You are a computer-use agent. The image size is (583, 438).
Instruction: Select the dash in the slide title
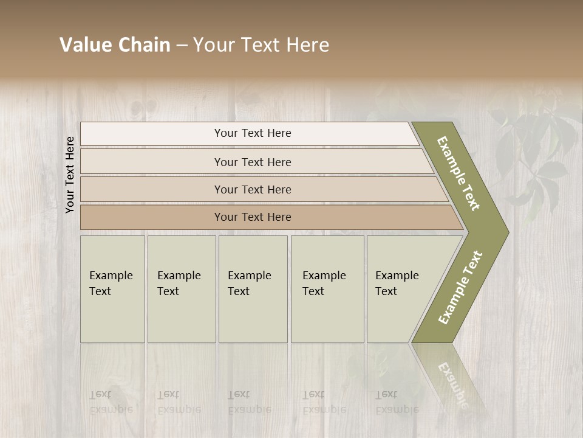(182, 46)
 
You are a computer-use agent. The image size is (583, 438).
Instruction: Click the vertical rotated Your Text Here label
(70, 175)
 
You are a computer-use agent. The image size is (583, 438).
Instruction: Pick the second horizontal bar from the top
(253, 162)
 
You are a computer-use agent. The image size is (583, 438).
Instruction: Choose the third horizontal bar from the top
(253, 189)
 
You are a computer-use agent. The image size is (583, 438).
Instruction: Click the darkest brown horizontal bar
(253, 217)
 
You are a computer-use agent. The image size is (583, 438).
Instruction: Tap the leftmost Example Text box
(112, 289)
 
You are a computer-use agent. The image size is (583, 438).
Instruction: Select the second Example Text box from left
(182, 289)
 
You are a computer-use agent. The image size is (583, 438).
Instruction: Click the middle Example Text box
(253, 289)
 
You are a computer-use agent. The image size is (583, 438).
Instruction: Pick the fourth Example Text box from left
(327, 289)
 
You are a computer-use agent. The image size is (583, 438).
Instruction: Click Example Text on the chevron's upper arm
(459, 173)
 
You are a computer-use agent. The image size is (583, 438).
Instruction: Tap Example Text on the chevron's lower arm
(460, 287)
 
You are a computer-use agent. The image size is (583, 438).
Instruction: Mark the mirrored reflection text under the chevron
(453, 383)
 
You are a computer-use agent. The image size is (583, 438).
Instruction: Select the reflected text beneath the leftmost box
(111, 402)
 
